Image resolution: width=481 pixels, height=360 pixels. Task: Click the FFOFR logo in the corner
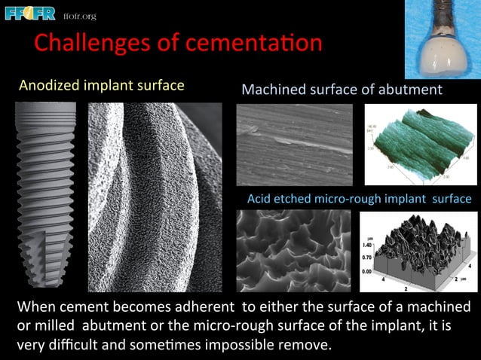(x=31, y=14)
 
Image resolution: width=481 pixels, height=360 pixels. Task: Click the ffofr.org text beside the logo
(x=79, y=16)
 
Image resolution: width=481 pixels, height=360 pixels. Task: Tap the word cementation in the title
(x=249, y=43)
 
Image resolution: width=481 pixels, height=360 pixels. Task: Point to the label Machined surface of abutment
(x=342, y=90)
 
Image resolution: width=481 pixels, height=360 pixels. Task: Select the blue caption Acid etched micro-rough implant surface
(x=359, y=199)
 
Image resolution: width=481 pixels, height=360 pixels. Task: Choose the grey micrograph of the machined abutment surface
(x=293, y=144)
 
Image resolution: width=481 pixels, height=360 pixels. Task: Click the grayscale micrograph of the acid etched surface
(x=293, y=251)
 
